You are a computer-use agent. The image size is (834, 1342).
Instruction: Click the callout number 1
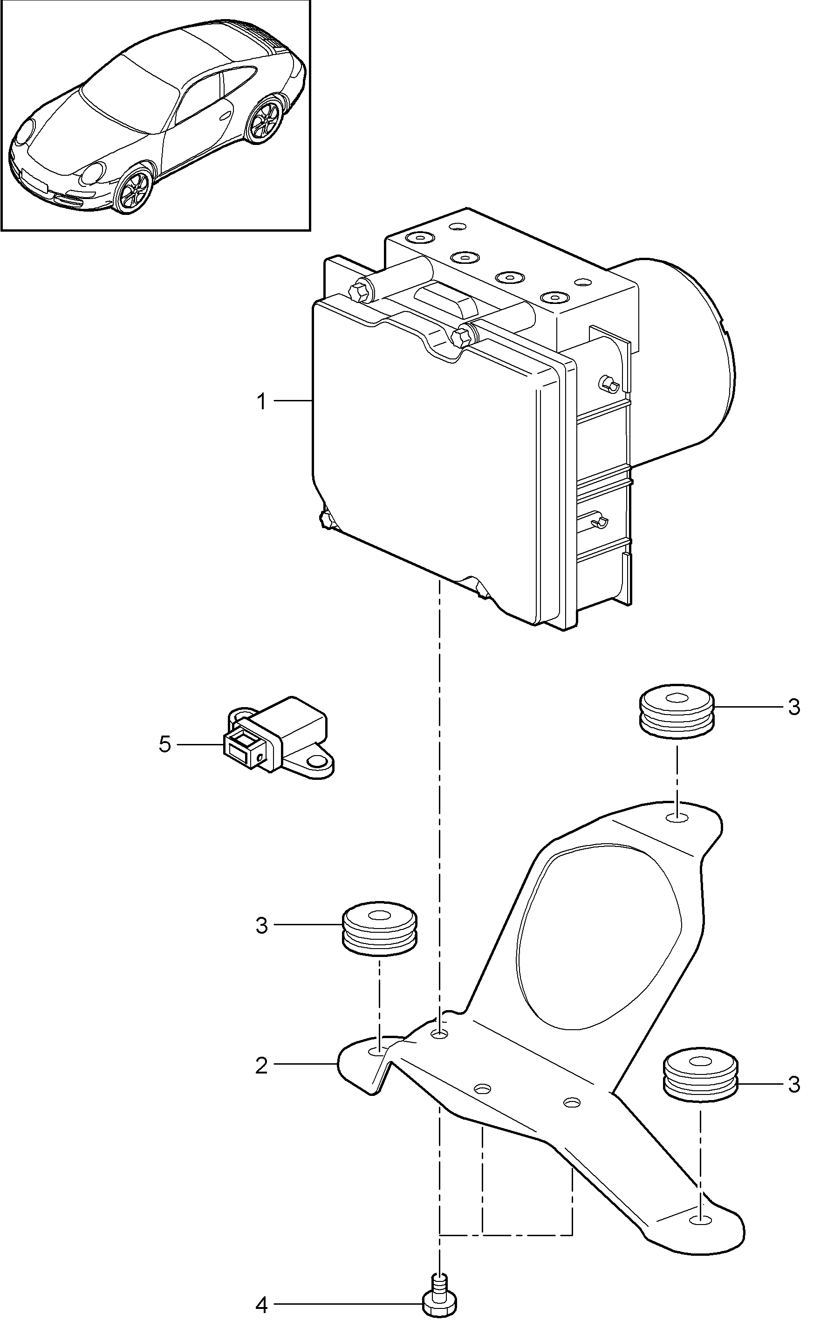[262, 402]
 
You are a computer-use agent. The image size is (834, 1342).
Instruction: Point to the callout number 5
[165, 745]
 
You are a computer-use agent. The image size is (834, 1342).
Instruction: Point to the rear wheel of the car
[267, 121]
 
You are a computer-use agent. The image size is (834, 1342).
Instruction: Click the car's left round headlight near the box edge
[24, 131]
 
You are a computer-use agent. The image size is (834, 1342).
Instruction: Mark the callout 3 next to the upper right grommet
[794, 707]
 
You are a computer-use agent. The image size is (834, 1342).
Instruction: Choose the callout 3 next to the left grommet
[261, 925]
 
